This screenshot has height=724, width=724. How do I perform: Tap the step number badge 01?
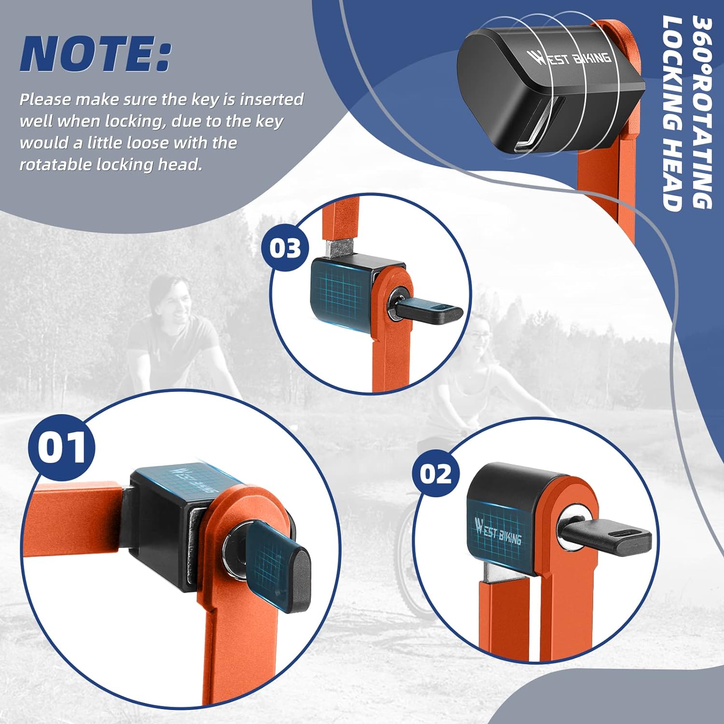[62, 447]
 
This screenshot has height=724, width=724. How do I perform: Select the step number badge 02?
[436, 473]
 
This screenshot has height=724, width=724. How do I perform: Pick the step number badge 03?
[285, 248]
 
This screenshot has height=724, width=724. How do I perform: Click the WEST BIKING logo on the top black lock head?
[572, 57]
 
